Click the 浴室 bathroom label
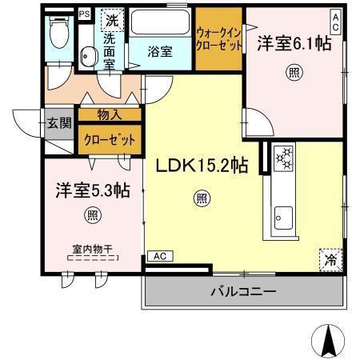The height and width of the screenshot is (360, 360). click(160, 52)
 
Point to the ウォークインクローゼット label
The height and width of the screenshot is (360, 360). click(219, 39)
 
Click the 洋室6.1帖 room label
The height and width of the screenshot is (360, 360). click(294, 45)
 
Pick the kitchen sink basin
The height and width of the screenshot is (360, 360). click(284, 216)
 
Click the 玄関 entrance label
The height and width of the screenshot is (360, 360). click(58, 123)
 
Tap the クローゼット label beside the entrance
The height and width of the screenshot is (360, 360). click(109, 138)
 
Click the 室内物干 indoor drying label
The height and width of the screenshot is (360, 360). click(91, 248)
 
